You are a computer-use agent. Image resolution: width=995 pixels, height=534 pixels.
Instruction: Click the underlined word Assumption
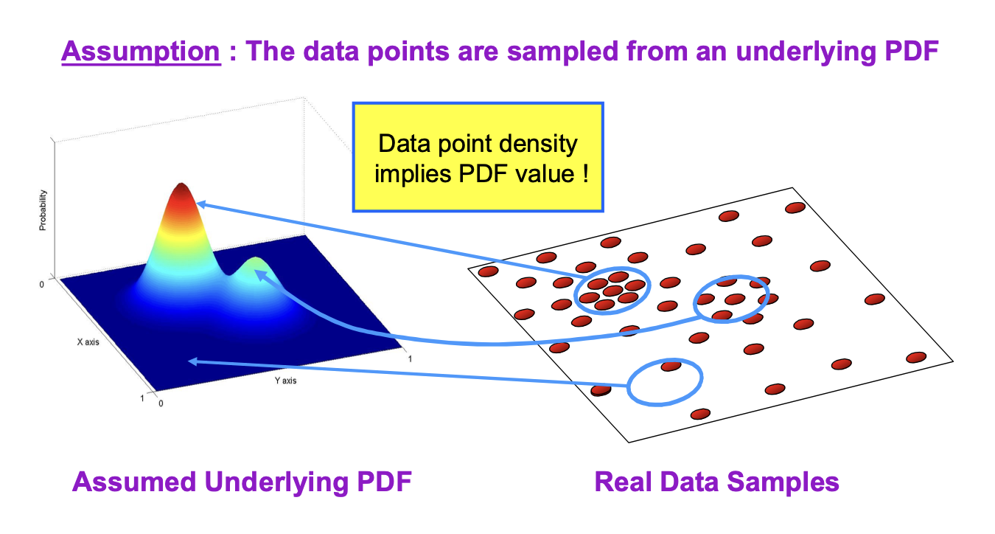click(141, 52)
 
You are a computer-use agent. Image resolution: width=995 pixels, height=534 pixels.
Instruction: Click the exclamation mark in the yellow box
click(586, 173)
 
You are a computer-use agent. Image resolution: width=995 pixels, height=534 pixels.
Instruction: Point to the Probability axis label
click(43, 210)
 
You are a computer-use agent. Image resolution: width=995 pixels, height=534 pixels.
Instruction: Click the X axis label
click(88, 342)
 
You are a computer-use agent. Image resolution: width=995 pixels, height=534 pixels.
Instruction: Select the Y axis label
click(285, 381)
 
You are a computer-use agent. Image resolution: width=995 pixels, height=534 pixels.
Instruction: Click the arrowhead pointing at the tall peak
click(200, 204)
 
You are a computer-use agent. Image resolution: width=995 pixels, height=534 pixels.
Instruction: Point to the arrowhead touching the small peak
click(259, 275)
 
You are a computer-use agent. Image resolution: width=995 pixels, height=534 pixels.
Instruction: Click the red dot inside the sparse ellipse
click(671, 366)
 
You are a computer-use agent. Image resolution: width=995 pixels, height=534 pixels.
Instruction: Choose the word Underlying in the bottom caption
click(276, 482)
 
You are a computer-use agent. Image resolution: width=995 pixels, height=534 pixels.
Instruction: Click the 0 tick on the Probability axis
click(42, 285)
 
